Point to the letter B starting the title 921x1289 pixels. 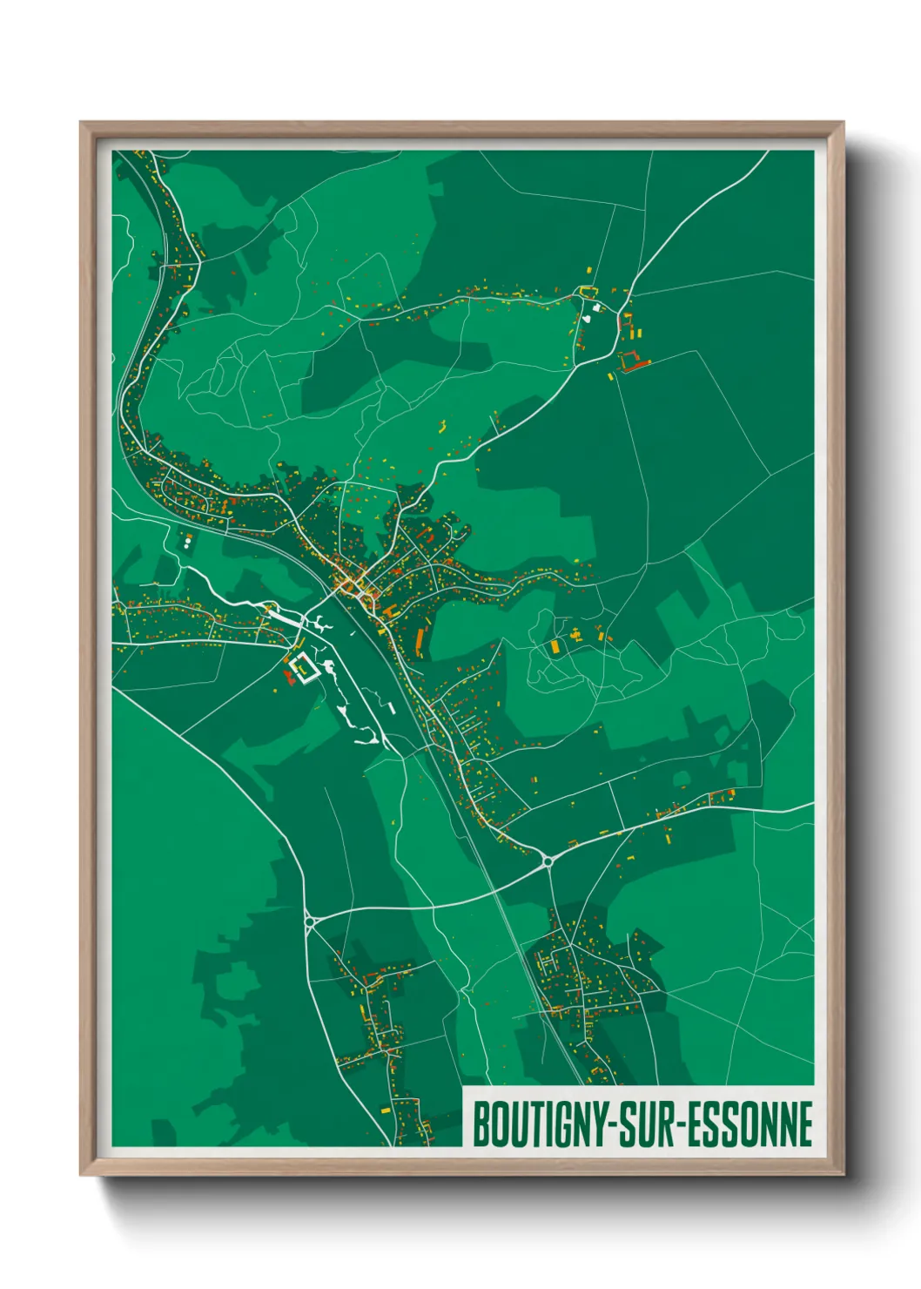pyautogui.click(x=480, y=1124)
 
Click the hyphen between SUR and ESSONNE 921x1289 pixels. pyautogui.click(x=680, y=1125)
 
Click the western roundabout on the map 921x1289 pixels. pyautogui.click(x=309, y=920)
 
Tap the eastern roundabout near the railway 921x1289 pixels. pyautogui.click(x=548, y=860)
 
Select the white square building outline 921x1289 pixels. pyautogui.click(x=303, y=669)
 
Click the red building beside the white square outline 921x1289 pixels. pyautogui.click(x=288, y=676)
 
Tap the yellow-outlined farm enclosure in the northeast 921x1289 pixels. pyautogui.click(x=589, y=292)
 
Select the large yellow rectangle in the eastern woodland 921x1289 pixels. pyautogui.click(x=555, y=647)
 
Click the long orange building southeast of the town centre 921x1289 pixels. pyautogui.click(x=419, y=643)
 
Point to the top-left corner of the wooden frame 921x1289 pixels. pyautogui.click(x=82, y=124)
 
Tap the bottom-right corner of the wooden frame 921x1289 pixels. pyautogui.click(x=843, y=1174)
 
